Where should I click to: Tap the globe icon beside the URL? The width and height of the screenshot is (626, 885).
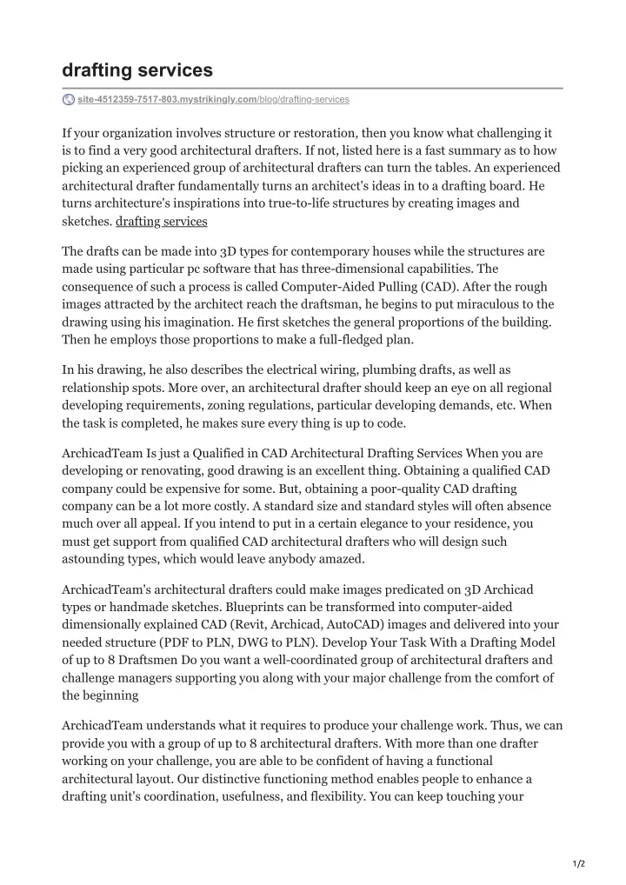(69, 100)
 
